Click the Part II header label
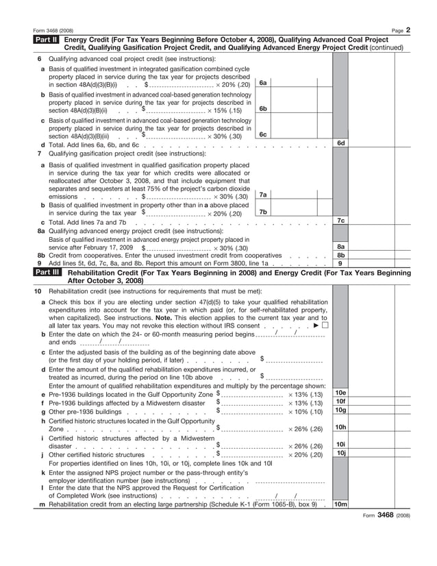pos(47,40)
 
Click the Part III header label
pos(47,272)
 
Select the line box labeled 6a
pos(262,83)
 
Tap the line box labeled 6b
pos(262,109)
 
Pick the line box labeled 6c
pos(262,135)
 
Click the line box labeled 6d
pos(340,143)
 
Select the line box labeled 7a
pos(262,195)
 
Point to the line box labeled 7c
pos(340,221)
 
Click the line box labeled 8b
pos(340,254)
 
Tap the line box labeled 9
pos(340,262)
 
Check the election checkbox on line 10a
pos(324,325)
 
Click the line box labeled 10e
pos(340,393)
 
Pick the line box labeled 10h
pos(340,428)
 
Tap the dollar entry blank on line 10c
pos(294,360)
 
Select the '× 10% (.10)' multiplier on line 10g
pos(305,412)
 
